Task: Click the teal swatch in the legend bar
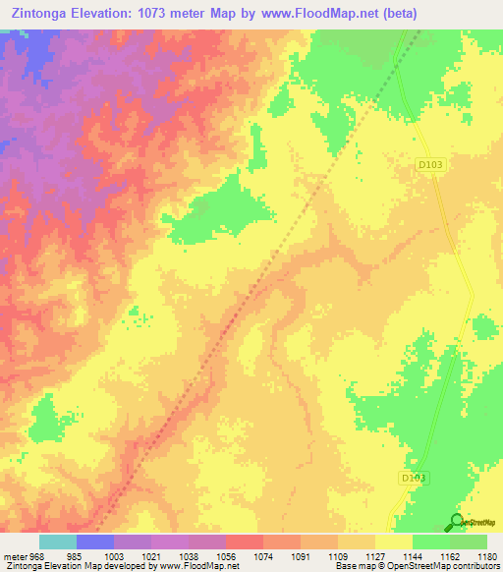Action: coord(58,542)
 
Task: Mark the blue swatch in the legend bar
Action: coord(95,542)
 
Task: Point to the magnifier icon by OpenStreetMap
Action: coord(455,523)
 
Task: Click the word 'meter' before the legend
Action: coord(14,555)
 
